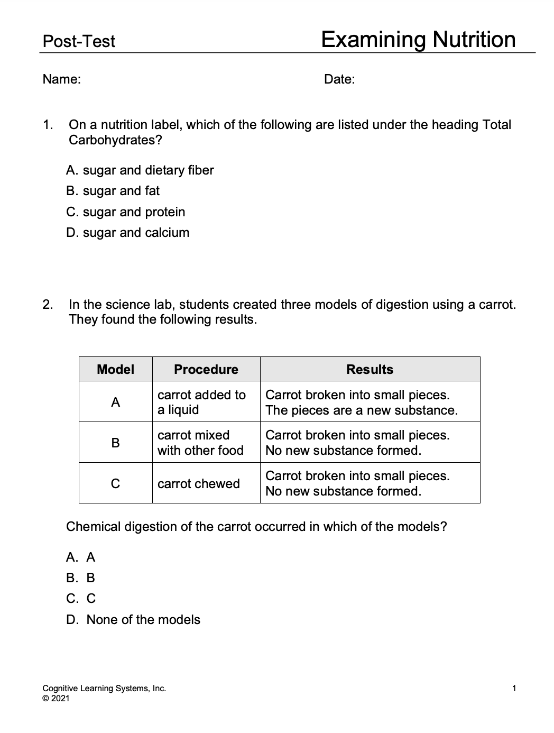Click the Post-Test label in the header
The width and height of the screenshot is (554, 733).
79,41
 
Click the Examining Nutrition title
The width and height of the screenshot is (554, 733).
418,40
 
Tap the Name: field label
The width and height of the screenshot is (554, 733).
62,79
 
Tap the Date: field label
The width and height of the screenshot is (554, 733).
339,79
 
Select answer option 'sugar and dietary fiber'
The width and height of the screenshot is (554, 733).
140,170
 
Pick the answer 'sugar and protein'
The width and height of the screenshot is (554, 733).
126,212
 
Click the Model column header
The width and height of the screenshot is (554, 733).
116,369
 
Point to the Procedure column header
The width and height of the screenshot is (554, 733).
206,369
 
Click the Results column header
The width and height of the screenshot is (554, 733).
370,369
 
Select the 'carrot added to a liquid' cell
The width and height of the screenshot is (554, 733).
202,402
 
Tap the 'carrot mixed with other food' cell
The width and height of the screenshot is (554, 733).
201,443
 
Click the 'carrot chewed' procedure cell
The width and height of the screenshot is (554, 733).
199,483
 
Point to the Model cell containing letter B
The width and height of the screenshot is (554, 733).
116,443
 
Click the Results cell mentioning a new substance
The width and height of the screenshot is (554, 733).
362,402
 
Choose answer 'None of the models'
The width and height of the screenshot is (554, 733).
134,620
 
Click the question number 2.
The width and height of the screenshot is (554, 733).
48,305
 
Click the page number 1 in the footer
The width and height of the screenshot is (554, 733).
514,688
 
